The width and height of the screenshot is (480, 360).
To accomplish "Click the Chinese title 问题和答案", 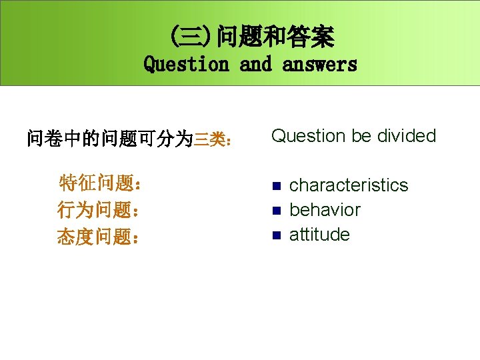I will pos(275,37).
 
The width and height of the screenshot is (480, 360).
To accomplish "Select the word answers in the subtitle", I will pos(319,65).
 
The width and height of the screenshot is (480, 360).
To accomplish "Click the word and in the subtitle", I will pos(255,65).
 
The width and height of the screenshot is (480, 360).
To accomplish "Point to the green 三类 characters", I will pos(208,140).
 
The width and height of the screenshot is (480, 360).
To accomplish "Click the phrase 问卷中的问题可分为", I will pos(109,139).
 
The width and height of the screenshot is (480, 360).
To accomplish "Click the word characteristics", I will pos(349,185).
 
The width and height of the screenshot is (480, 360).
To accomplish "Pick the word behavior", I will pos(325,209).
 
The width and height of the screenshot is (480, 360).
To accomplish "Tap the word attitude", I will pos(319,234).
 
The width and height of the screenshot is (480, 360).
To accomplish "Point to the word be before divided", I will pos(361,136).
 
